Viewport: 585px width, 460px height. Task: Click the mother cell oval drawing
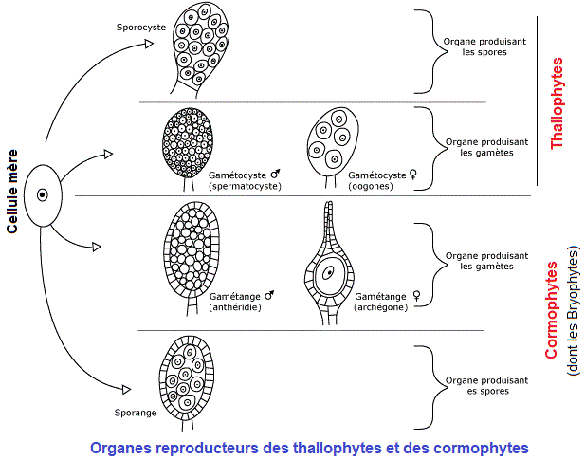tap(42, 195)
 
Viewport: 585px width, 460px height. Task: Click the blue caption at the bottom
tap(308, 446)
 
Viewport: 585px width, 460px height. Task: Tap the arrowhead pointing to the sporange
tap(124, 387)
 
